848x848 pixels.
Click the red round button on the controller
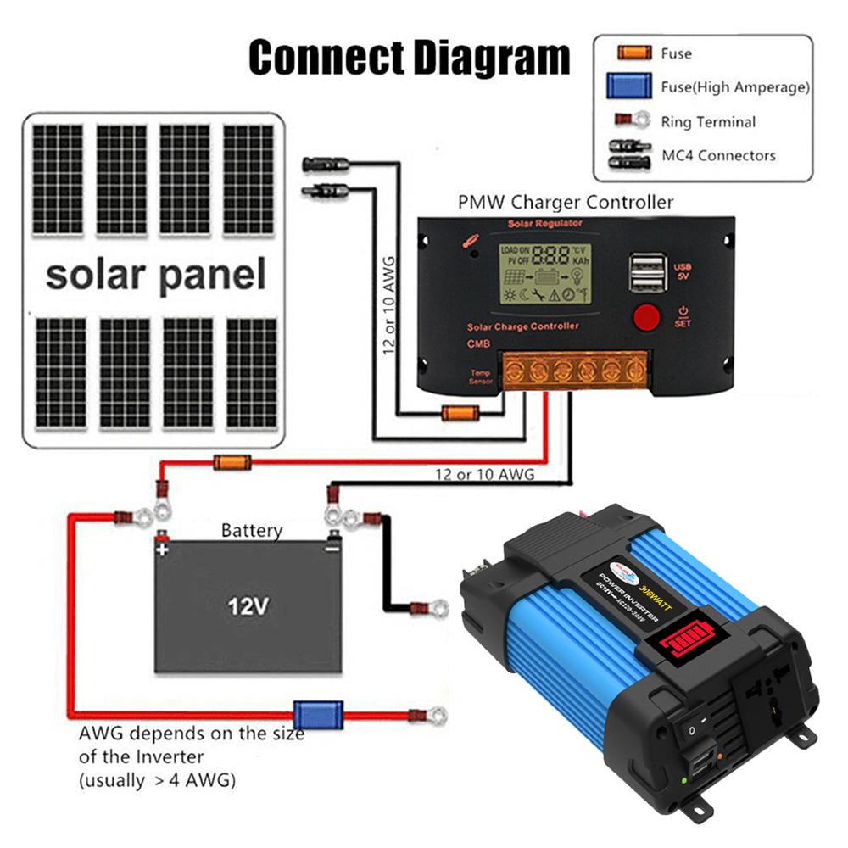coord(646,317)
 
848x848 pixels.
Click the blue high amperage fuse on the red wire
coord(317,715)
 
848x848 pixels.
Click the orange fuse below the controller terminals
coord(458,414)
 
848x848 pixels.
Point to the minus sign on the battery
coord(332,549)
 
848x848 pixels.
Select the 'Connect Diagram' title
coord(409,58)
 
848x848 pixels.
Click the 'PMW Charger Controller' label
coord(566,203)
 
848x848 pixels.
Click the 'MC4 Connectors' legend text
coord(718,155)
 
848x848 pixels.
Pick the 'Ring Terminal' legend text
coord(708,122)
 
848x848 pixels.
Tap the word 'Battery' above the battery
coord(252,531)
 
